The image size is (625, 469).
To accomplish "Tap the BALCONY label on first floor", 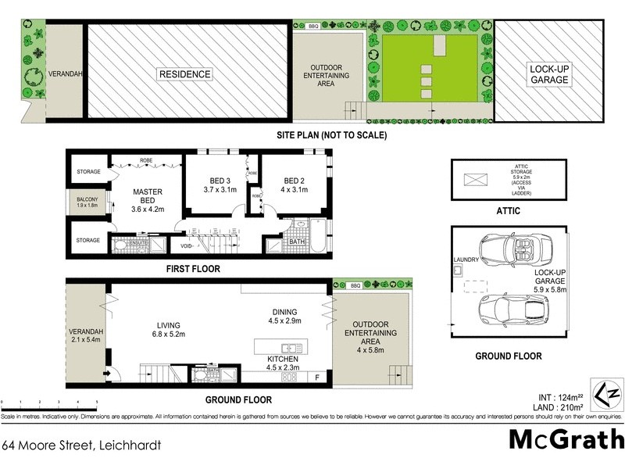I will tap(87, 203).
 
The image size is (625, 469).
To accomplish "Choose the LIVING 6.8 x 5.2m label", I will tap(168, 331).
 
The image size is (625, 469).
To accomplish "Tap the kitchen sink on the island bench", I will tap(292, 348).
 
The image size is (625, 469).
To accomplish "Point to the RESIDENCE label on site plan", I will tap(185, 74).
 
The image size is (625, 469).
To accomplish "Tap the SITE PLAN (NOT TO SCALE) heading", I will tap(332, 135).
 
